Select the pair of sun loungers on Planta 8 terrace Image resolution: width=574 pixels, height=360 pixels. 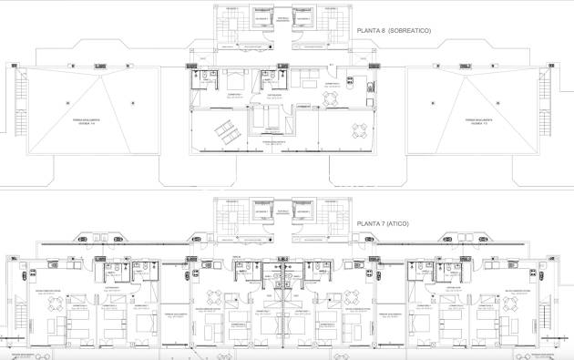point(223,134)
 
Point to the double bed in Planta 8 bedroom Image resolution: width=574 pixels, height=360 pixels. point(234,76)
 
